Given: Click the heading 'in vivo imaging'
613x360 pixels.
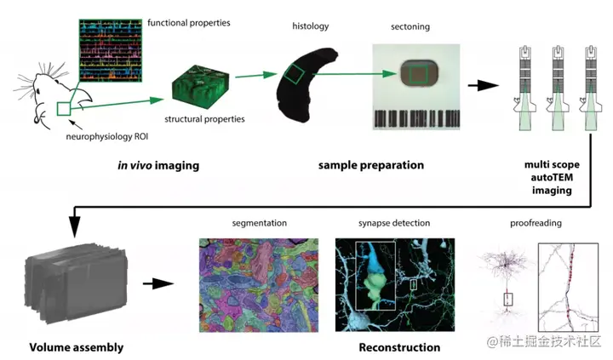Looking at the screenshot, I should pos(158,165).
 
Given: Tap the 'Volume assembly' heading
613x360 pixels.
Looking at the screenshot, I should pos(77,347).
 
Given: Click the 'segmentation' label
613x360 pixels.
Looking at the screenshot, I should pos(259,223).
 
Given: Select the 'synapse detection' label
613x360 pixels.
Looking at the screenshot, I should pos(394,223).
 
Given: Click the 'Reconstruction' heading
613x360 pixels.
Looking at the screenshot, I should pos(399,347).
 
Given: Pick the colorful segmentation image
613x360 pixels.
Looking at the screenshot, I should pos(259,283).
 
